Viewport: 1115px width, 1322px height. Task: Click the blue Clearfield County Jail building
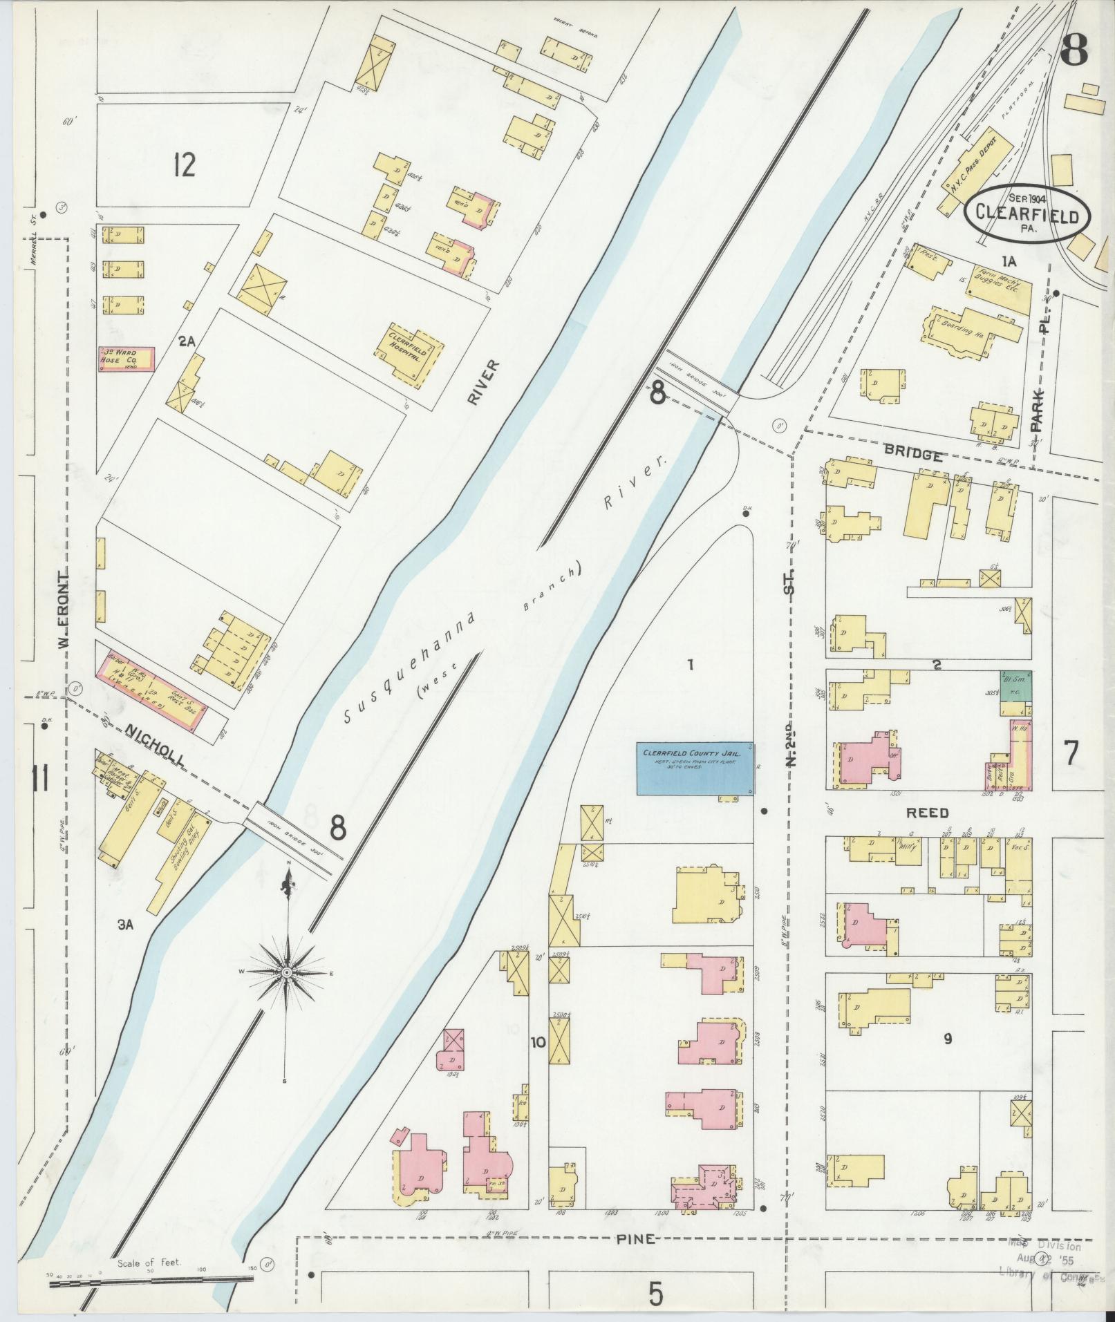(695, 769)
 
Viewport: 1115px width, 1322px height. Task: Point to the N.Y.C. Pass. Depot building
(977, 168)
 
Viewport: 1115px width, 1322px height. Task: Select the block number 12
(185, 165)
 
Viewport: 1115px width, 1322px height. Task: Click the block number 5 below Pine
(655, 1292)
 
